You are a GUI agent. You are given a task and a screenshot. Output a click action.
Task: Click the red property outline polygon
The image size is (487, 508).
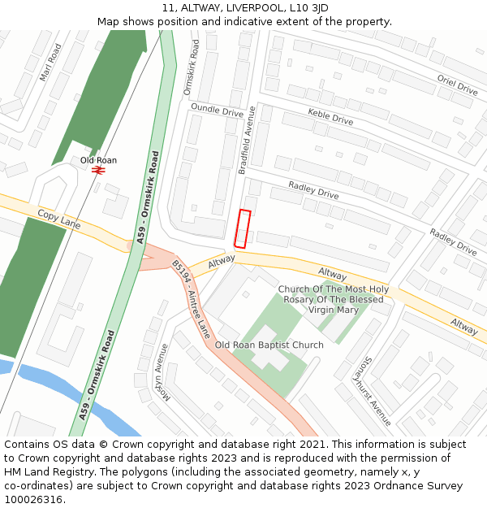coord(242,228)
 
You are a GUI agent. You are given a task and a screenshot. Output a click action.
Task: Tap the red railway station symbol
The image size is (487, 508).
coord(99,171)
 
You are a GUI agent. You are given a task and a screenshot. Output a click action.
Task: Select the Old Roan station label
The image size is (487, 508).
coord(98,160)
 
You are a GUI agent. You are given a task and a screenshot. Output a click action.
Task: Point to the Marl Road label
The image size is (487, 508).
coord(50,63)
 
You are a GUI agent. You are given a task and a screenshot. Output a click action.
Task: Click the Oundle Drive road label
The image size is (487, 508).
coord(217,110)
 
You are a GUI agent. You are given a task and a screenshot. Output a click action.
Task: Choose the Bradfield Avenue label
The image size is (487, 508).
coord(247,139)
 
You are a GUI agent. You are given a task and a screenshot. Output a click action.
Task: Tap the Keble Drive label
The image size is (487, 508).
coord(330,116)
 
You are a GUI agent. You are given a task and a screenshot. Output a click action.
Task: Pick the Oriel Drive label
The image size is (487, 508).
coord(458,85)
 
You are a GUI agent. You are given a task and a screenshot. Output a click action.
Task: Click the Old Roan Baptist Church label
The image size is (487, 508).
coord(269,345)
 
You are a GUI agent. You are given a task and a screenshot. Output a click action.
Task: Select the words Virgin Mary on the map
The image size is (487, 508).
coord(333,310)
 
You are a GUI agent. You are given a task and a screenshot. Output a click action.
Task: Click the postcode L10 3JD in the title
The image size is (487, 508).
coord(312,8)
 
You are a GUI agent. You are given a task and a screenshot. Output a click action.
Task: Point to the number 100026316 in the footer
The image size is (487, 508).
coord(33,499)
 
